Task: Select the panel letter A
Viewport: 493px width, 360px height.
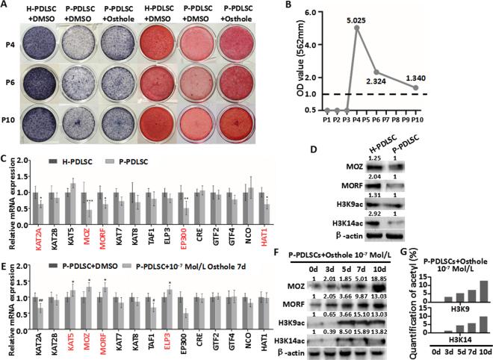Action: click(5, 6)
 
